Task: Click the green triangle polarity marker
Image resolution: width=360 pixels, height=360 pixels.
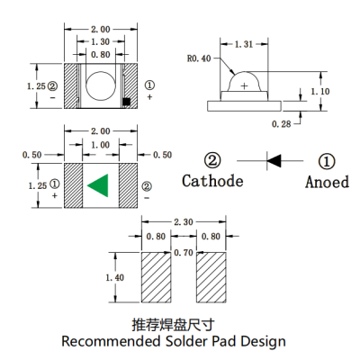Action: (97, 185)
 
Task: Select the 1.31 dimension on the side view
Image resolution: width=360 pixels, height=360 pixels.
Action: (243, 44)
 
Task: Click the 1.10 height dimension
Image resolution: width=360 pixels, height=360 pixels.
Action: (319, 91)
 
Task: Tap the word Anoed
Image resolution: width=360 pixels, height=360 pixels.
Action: (328, 181)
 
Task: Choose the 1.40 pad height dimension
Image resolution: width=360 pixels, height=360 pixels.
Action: (114, 278)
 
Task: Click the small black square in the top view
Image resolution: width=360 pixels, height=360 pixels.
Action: (127, 100)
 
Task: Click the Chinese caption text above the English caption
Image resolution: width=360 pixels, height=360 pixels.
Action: (174, 323)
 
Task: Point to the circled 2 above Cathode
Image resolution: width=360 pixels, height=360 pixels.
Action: (212, 160)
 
